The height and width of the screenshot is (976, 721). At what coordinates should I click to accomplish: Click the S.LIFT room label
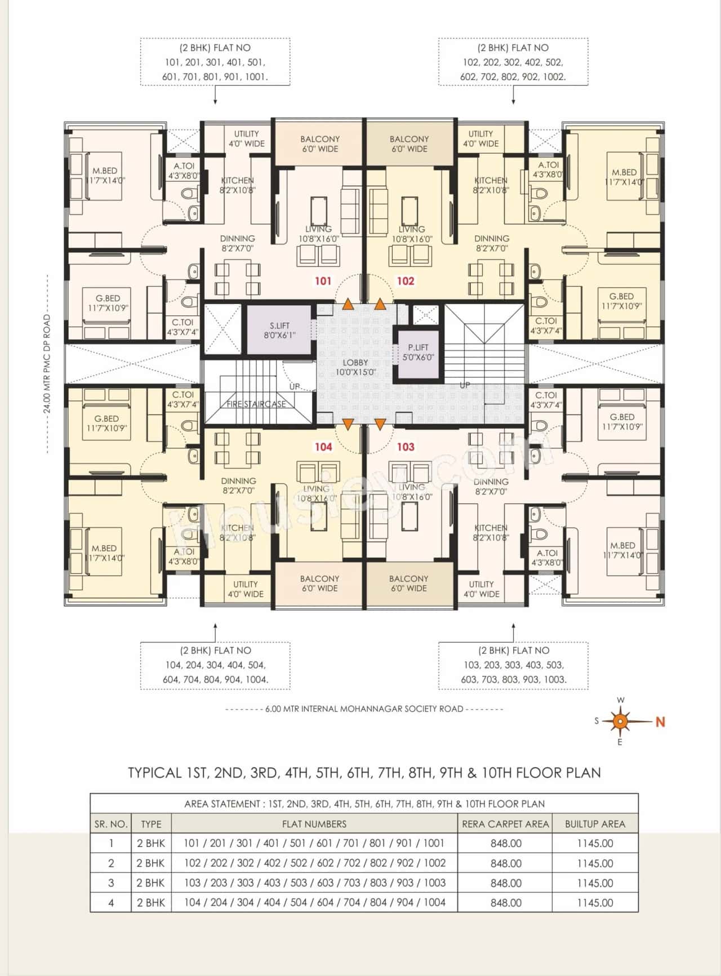279,326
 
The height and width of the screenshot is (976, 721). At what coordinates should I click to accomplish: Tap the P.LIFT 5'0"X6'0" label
418,353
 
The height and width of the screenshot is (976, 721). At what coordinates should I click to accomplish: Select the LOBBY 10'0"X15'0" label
355,367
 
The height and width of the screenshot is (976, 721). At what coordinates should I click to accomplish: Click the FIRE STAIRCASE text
256,404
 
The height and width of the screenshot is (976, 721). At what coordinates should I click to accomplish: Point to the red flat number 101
323,280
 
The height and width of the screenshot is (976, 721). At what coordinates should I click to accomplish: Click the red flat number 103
406,447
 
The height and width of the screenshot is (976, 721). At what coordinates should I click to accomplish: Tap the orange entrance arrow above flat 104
348,424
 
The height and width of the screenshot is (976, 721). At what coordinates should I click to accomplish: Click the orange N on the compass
660,721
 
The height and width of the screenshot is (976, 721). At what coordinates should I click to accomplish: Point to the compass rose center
620,721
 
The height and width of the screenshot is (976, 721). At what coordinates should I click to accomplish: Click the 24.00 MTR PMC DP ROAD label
47,364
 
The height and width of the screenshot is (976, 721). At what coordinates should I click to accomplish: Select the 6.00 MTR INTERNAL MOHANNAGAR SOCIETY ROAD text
364,709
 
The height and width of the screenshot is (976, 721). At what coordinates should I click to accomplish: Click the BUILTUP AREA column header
595,824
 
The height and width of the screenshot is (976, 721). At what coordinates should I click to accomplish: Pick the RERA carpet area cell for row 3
505,883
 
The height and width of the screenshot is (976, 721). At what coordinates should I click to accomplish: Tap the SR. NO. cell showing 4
111,903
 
